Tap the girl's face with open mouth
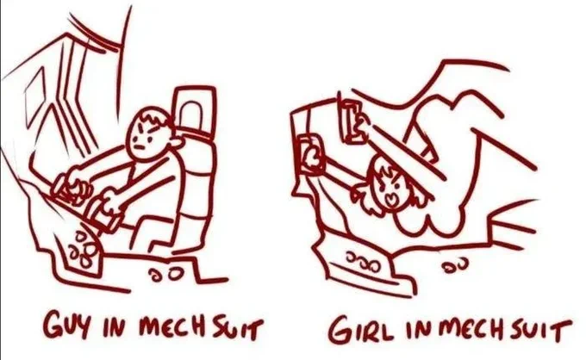[390, 189]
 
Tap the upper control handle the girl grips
[352, 121]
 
